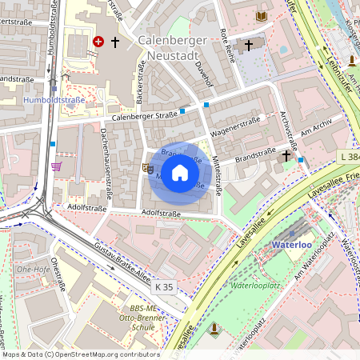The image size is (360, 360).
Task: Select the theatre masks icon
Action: click(x=147, y=168)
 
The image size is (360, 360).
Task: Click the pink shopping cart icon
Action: click(x=57, y=166)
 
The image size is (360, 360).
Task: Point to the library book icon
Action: click(x=262, y=16)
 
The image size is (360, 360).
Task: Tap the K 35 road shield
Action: click(x=165, y=286)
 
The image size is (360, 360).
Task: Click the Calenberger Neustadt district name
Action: click(x=173, y=47)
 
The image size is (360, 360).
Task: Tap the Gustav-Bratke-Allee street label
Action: click(x=122, y=266)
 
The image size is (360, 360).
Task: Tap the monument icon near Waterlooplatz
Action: click(x=214, y=327)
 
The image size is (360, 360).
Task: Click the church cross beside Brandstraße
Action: click(x=286, y=156)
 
